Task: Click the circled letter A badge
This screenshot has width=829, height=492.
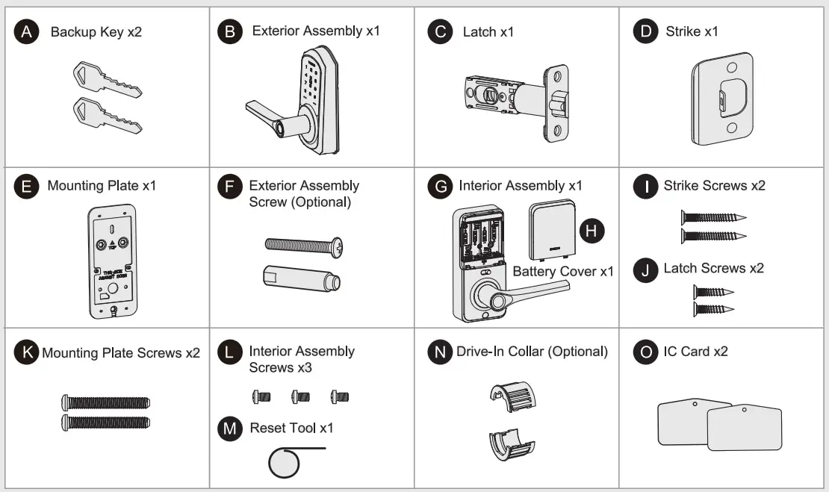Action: [x=27, y=33]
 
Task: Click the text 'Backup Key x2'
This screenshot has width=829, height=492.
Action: [x=95, y=33]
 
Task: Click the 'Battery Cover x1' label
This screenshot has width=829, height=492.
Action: [x=562, y=271]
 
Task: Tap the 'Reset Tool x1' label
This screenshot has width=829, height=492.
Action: [x=291, y=428]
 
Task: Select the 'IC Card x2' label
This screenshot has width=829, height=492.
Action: [x=695, y=351]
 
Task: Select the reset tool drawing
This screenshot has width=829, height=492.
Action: [x=285, y=463]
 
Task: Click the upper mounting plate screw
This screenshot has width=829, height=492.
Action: [x=105, y=403]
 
